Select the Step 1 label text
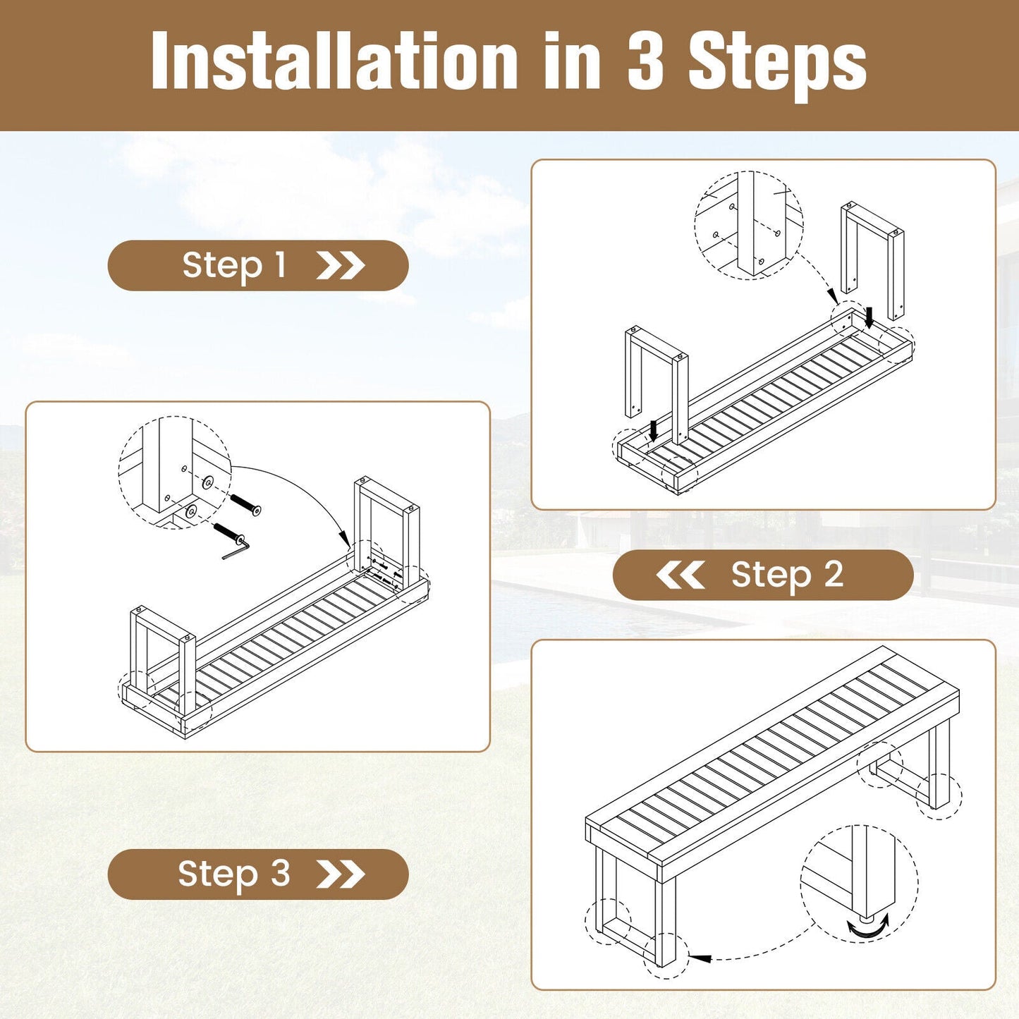coord(234,265)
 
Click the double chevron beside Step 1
coord(341,265)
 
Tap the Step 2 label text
coord(788,575)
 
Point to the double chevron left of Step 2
coord(680,575)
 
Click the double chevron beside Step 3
coord(341,874)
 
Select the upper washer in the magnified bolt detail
coord(208,482)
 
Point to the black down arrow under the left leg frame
coord(654,430)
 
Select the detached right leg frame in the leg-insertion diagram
coord(872,261)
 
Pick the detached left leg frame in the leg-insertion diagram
coord(657,386)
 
